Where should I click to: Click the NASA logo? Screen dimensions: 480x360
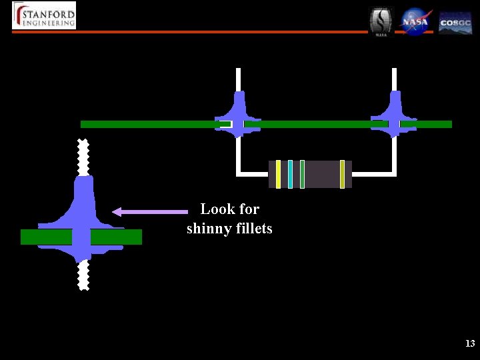pos(416,21)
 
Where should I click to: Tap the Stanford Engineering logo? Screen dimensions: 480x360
pos(44,15)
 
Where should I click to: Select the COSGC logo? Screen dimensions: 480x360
pos(455,22)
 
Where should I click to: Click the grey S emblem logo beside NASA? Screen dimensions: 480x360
pos(381,21)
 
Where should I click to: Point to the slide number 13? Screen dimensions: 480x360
pos(470,344)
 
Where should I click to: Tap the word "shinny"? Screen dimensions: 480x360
pos(207,229)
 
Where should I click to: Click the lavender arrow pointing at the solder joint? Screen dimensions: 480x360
pos(150,211)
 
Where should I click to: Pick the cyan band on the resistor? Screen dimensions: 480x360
pos(291,174)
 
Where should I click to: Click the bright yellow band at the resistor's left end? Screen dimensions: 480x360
pos(278,174)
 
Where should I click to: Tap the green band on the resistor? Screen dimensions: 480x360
pos(302,174)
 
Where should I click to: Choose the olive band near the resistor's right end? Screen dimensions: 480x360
pos(342,174)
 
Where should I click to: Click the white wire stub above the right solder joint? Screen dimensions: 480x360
pos(394,79)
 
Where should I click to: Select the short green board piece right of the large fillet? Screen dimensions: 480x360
pos(116,237)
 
